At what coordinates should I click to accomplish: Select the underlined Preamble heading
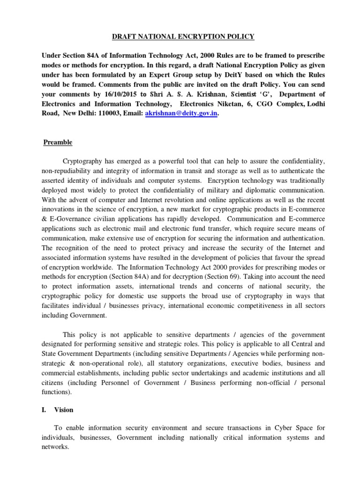(58, 142)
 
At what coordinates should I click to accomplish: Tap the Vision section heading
(64, 409)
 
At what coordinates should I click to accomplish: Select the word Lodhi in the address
(315, 103)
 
